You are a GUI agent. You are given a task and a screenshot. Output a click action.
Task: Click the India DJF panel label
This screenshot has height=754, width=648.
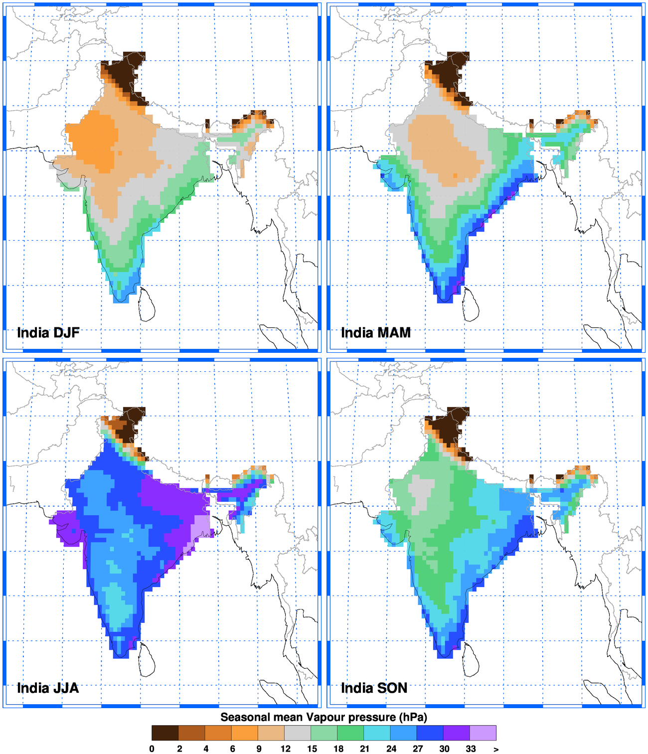(x=48, y=332)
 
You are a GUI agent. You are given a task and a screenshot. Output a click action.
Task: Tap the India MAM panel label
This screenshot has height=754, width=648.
(x=376, y=332)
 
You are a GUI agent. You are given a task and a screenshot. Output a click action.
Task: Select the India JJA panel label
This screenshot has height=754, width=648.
(x=48, y=688)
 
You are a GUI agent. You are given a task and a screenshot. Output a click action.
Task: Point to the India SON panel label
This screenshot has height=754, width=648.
(x=374, y=688)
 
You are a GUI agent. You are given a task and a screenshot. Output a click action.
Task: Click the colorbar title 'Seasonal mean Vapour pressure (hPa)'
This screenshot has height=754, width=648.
(x=324, y=717)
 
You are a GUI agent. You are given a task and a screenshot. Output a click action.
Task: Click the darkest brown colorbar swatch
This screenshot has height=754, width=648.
(x=165, y=733)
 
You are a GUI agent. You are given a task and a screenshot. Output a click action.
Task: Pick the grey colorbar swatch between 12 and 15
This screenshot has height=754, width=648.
(x=297, y=733)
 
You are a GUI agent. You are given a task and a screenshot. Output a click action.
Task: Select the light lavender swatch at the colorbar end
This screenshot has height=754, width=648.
(x=483, y=733)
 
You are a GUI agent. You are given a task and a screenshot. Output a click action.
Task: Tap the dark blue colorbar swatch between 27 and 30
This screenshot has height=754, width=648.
(x=430, y=733)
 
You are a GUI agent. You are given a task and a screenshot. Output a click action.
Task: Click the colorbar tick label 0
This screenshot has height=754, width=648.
(x=152, y=749)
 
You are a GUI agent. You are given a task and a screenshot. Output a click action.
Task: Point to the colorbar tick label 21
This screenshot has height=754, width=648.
(x=365, y=749)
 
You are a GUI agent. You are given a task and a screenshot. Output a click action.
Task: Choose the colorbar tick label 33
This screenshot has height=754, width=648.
(x=471, y=749)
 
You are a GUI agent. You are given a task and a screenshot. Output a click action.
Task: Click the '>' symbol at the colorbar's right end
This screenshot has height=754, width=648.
(x=496, y=749)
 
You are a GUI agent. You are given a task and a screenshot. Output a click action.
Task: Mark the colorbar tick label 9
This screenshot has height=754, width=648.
(x=259, y=749)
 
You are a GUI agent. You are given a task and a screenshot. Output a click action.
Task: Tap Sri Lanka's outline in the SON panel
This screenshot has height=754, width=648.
(x=471, y=659)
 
